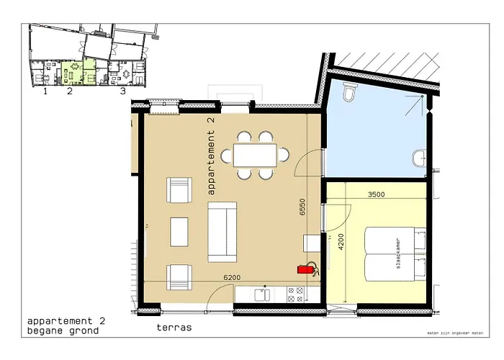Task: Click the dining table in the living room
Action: pos(256,155)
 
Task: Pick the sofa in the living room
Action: pos(222,232)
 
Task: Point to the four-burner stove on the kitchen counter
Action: pos(295,293)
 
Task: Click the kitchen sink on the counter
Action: pos(262,294)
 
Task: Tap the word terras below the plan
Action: pos(174,327)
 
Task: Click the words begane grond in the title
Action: pos(63,331)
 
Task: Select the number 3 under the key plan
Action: pos(122,91)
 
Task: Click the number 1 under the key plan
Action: pos(45,91)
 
